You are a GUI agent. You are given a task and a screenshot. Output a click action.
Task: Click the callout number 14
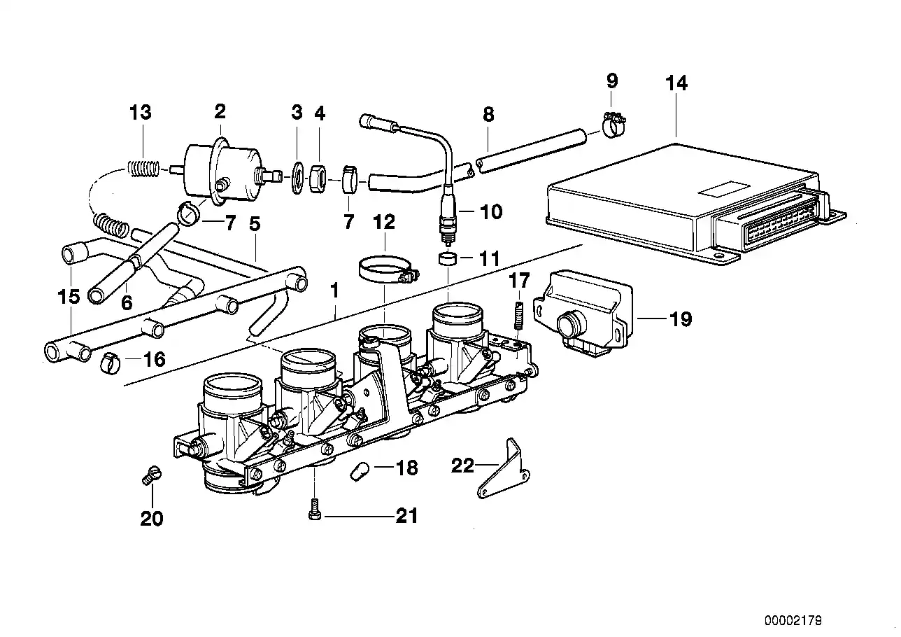click(x=676, y=83)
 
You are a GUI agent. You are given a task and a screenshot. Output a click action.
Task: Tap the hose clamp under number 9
click(x=612, y=126)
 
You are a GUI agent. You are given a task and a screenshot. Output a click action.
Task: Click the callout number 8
click(x=488, y=114)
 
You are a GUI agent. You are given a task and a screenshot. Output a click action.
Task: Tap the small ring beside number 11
click(x=447, y=259)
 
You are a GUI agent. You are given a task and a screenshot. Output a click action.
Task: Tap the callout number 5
click(x=255, y=224)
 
